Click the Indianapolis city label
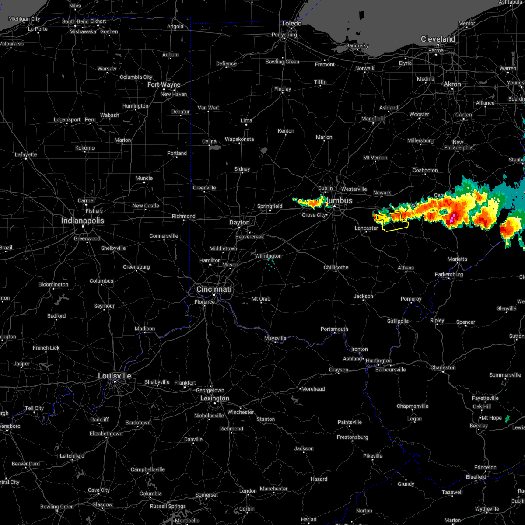[83, 220]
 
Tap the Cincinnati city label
[214, 289]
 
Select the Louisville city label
[115, 376]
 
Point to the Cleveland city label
[438, 39]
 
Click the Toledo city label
[291, 23]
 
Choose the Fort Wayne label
[164, 84]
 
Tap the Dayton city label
[239, 222]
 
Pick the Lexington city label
[214, 398]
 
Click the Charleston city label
[443, 367]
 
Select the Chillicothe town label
[336, 267]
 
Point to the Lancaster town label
[366, 228]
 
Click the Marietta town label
[457, 259]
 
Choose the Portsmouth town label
[334, 329]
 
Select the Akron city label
[452, 84]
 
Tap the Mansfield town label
[373, 119]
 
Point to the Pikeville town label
[373, 456]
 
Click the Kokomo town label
[85, 148]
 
